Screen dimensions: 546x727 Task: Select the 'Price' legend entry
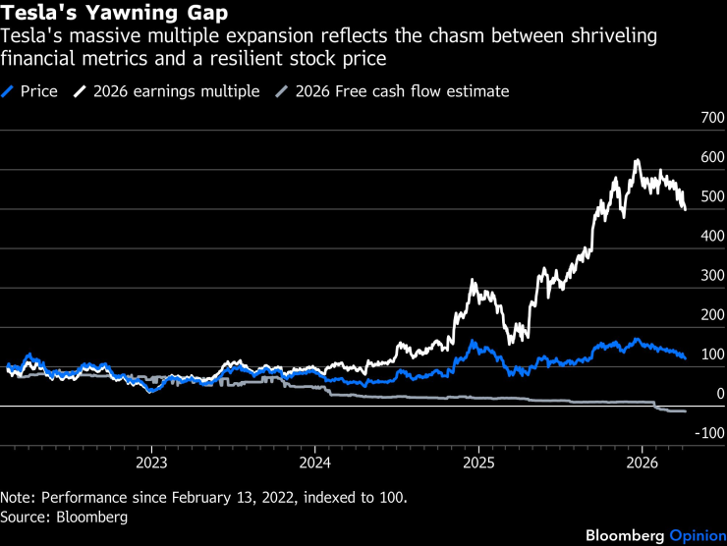point(38,91)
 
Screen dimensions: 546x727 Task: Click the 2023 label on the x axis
point(150,463)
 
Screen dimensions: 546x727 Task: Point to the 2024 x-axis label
point(314,463)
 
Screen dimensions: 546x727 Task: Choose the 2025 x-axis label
point(478,463)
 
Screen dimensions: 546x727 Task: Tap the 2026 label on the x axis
point(642,463)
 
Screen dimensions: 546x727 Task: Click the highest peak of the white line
point(637,160)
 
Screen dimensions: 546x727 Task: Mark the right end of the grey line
point(685,411)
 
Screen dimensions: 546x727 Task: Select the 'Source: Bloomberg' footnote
point(64,515)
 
